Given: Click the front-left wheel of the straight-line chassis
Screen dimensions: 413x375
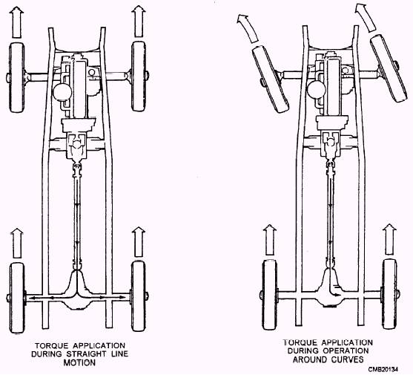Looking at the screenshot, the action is pyautogui.click(x=17, y=77).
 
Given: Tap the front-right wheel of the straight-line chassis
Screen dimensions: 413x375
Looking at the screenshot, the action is pyautogui.click(x=139, y=76).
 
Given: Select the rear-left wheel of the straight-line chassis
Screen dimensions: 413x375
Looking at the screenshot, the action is pyautogui.click(x=17, y=298).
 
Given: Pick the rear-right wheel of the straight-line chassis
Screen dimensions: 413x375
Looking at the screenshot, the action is pyautogui.click(x=139, y=296).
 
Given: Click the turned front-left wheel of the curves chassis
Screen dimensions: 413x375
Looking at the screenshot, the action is pyautogui.click(x=270, y=79).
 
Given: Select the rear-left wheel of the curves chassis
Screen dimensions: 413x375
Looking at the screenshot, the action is pyautogui.click(x=270, y=294).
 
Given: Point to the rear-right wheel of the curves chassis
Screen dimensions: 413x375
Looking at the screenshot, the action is pyautogui.click(x=389, y=294).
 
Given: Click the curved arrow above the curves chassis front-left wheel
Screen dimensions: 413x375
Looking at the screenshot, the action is pyautogui.click(x=248, y=28).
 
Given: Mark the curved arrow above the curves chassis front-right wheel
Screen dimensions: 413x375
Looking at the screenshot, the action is pyautogui.click(x=366, y=17).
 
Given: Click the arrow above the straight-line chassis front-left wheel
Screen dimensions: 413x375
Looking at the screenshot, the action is pyautogui.click(x=16, y=22).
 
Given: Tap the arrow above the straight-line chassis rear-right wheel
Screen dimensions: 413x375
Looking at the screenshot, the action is pyautogui.click(x=139, y=241).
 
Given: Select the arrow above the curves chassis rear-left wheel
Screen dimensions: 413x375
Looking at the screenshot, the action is pyautogui.click(x=270, y=240).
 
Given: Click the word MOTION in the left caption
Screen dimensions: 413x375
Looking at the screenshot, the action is pyautogui.click(x=79, y=362).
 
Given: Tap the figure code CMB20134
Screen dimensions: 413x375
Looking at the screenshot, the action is pyautogui.click(x=383, y=369).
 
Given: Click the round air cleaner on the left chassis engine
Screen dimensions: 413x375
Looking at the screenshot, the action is pyautogui.click(x=62, y=91).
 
